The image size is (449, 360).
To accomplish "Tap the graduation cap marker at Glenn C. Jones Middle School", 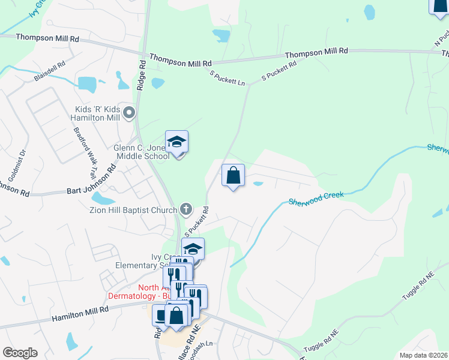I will click(176, 143).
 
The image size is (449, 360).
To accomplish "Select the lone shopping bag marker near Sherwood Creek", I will click(233, 176).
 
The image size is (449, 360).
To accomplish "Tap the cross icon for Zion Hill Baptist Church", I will click(186, 209).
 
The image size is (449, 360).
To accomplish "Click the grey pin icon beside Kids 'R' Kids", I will click(128, 112).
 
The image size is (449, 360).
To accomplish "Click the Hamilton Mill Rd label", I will click(80, 314).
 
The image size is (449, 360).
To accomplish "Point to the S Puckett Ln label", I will click(227, 78).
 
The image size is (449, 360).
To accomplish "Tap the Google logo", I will click(19, 353).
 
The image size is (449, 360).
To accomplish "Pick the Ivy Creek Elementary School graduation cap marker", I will click(193, 248).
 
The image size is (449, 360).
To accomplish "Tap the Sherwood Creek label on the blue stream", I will click(316, 199).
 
